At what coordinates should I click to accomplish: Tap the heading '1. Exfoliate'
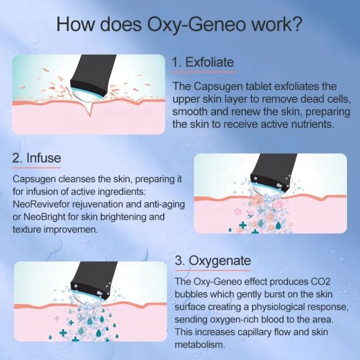[202, 62]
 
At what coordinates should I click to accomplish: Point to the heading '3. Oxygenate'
[213, 262]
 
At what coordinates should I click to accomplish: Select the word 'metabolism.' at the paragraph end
[200, 344]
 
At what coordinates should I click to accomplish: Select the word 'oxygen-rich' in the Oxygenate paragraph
[239, 319]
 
